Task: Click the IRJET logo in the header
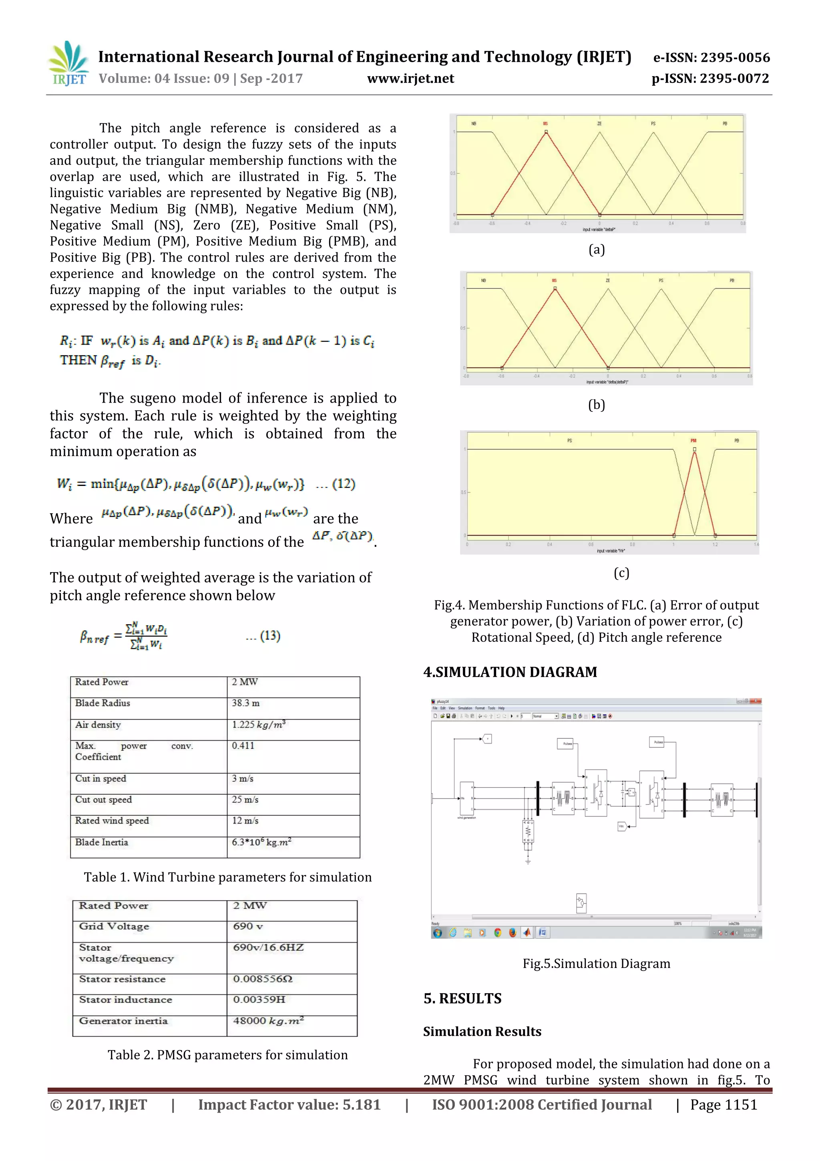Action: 68,64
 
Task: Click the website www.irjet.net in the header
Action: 410,79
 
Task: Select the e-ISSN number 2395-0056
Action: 711,58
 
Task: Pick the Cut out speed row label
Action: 104,800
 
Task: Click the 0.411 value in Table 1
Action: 243,745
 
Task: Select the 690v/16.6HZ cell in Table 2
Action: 268,947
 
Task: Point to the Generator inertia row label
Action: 123,1020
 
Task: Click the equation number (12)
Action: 343,484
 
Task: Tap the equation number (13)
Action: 270,636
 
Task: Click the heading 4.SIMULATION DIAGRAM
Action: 510,672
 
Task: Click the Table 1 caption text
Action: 227,877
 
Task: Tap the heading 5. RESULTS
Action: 462,998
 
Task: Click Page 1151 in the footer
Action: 724,1105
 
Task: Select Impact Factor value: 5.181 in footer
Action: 289,1105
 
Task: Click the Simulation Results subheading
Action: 482,1032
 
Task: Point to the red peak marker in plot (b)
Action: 555,289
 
